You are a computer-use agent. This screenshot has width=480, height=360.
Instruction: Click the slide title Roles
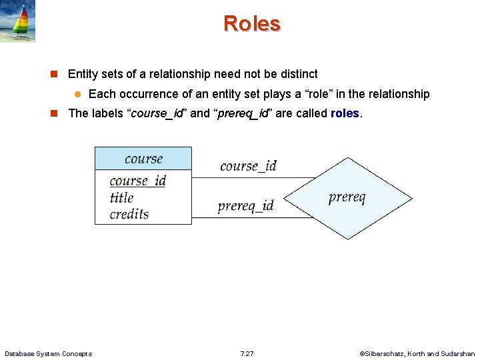pos(252,23)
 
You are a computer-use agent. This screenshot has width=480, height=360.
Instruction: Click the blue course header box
pos(143,159)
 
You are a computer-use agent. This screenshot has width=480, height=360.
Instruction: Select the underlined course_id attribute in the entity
pos(137,181)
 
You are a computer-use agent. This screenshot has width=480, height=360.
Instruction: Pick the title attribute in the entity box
pos(121,197)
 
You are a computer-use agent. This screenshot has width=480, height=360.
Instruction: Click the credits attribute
pos(129,214)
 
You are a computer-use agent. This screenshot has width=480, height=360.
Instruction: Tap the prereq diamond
pos(347,198)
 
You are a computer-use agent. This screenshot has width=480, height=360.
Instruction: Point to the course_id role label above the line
pos(248,166)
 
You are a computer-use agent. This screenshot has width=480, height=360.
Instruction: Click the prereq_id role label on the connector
pos(245,206)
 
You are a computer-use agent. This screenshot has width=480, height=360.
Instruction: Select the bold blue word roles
pos(345,113)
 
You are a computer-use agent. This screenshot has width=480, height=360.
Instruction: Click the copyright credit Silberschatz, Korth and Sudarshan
pos(417,353)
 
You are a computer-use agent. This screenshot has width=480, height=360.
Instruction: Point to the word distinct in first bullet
pos(299,74)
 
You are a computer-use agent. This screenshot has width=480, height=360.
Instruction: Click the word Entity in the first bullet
pos(83,74)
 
